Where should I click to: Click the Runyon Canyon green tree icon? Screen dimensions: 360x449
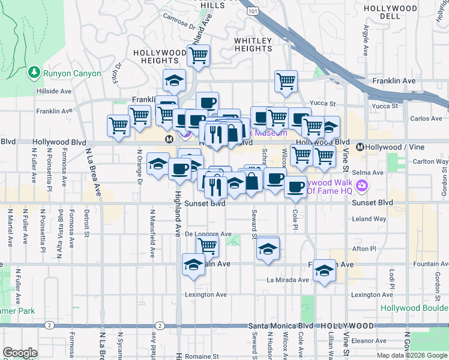tap(34, 73)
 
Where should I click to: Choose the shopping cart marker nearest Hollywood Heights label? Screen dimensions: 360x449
tap(198, 56)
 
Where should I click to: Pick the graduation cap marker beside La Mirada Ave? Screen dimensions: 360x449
tap(324, 271)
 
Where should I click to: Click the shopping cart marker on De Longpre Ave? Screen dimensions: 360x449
tap(207, 245)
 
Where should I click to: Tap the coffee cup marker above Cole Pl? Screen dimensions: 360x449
tap(294, 187)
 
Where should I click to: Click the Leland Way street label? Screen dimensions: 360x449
tap(369, 219)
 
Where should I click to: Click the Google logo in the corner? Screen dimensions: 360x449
tap(20, 353)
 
